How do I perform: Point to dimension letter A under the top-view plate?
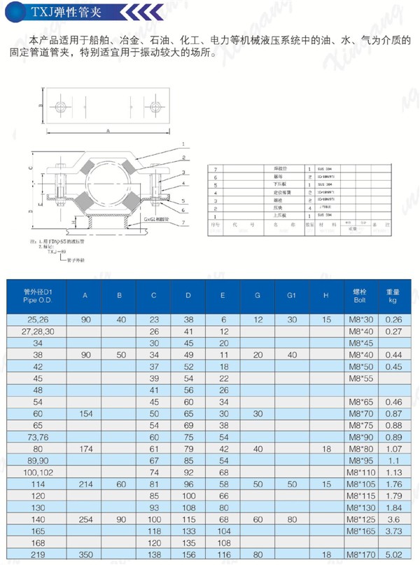(108, 130)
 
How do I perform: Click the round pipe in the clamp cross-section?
(111, 184)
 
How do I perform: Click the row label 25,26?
(43, 319)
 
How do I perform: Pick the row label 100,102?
(43, 472)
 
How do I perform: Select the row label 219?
(43, 554)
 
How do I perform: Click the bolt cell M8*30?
(358, 319)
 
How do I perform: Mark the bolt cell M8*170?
(358, 554)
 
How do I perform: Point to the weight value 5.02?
(393, 554)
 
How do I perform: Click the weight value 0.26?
(393, 319)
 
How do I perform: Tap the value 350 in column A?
(85, 554)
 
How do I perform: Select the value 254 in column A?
(85, 519)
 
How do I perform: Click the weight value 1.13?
(393, 472)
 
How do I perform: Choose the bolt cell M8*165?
(358, 531)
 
